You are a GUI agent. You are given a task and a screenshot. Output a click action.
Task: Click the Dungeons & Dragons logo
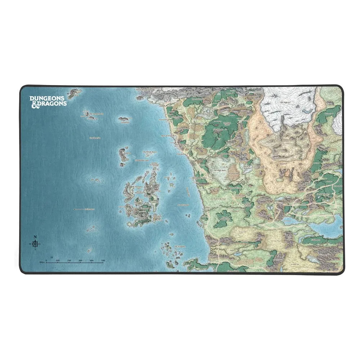pyautogui.click(x=48, y=100)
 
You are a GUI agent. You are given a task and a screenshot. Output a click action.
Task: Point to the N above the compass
pyautogui.click(x=35, y=237)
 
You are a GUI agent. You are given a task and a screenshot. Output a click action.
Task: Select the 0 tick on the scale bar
pyautogui.click(x=47, y=262)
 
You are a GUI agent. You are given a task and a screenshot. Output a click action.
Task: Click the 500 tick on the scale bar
pyautogui.click(x=103, y=262)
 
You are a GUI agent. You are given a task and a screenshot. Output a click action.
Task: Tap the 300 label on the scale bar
pyautogui.click(x=80, y=260)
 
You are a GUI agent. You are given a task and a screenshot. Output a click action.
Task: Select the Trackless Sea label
pyautogui.click(x=94, y=138)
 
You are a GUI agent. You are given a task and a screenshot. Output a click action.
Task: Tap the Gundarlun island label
pyautogui.click(x=125, y=122)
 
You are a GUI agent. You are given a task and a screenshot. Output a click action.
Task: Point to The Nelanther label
pyautogui.click(x=180, y=247)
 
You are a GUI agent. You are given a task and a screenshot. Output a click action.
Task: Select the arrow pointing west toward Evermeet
pyautogui.click(x=75, y=209)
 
